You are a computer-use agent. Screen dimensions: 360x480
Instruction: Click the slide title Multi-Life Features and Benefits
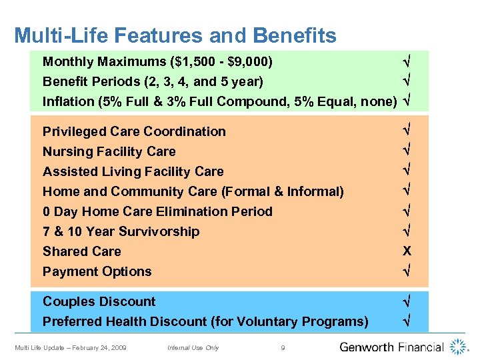(x=175, y=35)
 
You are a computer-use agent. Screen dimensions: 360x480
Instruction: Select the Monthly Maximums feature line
(x=157, y=62)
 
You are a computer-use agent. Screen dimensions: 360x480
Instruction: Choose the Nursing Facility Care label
(x=109, y=151)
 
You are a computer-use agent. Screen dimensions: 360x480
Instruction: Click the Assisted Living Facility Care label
(x=133, y=171)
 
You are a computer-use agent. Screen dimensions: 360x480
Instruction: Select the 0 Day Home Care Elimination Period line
(x=157, y=211)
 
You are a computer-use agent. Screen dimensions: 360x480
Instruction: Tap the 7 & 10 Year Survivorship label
(x=121, y=231)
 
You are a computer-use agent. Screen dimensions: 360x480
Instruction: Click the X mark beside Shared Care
(x=407, y=251)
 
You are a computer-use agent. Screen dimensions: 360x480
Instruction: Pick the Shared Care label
(x=82, y=251)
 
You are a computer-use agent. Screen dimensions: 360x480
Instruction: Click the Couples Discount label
(x=99, y=301)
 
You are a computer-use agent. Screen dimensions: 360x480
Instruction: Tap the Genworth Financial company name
(x=391, y=347)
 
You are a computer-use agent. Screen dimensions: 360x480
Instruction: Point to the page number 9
(x=283, y=347)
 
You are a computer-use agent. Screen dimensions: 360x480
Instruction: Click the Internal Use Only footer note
(x=193, y=347)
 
